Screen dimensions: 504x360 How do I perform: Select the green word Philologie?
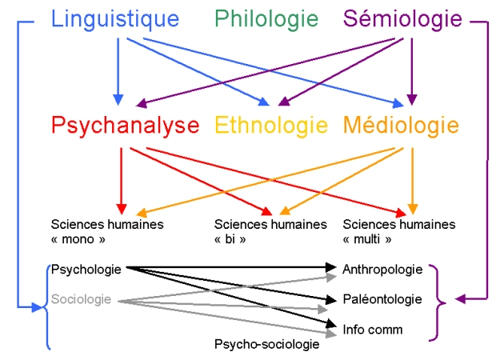point(266,18)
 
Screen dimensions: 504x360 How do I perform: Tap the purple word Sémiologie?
point(402,18)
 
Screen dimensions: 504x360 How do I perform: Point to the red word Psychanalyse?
point(126,126)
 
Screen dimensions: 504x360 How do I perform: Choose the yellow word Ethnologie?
point(271,126)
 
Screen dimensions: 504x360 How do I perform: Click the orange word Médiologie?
point(401,126)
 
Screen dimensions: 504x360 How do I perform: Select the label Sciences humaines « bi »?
point(270,231)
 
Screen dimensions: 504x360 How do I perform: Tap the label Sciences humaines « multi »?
point(398,231)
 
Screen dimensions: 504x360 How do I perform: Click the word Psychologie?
point(86,270)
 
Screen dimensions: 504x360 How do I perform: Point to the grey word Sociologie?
point(82,300)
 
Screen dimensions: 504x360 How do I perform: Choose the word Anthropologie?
point(382,270)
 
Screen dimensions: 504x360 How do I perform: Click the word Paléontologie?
point(382,299)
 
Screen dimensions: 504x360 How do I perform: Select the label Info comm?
point(372,329)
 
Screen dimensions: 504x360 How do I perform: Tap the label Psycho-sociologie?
point(266,344)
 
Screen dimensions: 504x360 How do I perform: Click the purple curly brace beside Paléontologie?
point(438,301)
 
